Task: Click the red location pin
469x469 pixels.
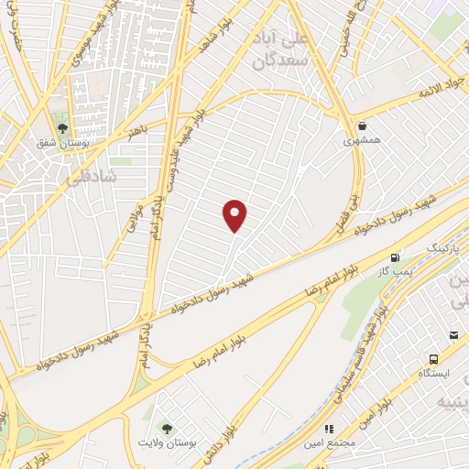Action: (x=235, y=214)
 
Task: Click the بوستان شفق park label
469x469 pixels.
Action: (x=61, y=145)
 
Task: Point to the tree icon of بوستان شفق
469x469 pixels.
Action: (x=62, y=129)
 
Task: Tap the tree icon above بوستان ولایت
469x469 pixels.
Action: (x=166, y=428)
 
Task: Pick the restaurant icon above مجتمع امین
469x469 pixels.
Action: (x=329, y=429)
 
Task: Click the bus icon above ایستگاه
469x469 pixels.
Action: (x=431, y=358)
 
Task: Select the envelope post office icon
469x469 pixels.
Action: (x=453, y=335)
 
